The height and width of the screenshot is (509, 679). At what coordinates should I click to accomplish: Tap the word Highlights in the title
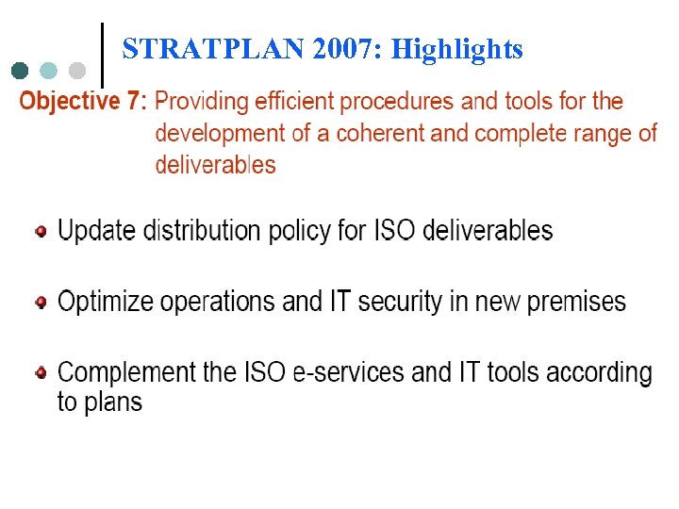point(457,49)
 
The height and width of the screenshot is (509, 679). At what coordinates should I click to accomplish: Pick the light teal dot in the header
point(49,71)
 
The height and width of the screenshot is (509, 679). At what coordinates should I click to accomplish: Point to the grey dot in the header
point(77,71)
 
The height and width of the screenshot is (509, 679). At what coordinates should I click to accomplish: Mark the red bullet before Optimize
point(41,303)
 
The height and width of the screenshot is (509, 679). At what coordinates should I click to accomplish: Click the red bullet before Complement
point(41,373)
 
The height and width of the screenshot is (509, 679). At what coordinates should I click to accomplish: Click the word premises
point(576,303)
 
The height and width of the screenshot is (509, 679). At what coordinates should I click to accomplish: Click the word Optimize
point(107,303)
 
